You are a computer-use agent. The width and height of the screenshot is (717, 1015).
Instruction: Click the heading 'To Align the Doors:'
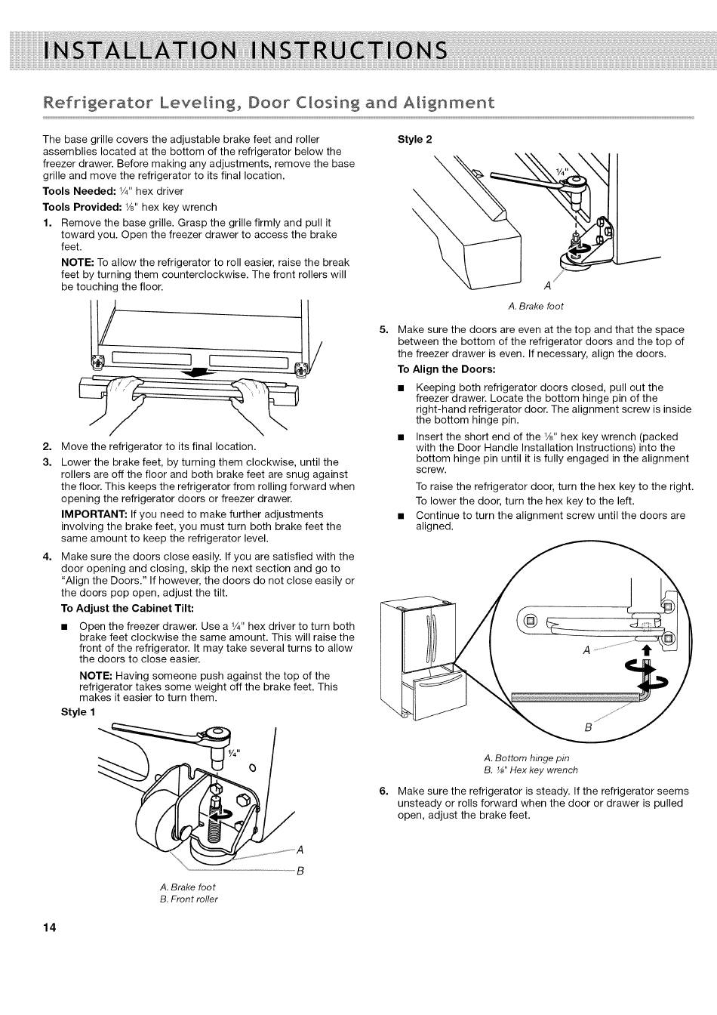pyautogui.click(x=446, y=369)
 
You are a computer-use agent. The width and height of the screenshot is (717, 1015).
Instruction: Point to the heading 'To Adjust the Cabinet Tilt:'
pyautogui.click(x=127, y=609)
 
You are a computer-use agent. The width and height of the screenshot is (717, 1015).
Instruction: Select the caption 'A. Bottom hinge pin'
pyautogui.click(x=527, y=757)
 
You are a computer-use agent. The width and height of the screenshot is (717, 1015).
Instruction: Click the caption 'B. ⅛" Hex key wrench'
pyautogui.click(x=531, y=770)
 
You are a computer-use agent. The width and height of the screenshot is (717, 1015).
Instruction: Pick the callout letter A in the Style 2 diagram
pyautogui.click(x=547, y=287)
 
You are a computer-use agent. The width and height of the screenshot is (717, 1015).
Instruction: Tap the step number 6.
pyautogui.click(x=383, y=791)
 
